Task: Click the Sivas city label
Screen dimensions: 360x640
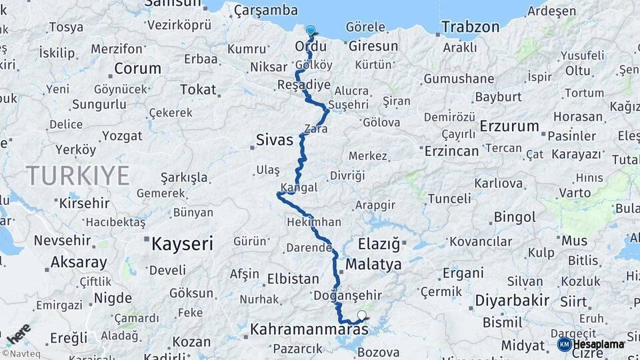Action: click(x=274, y=140)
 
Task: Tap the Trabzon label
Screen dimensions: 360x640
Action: click(x=469, y=27)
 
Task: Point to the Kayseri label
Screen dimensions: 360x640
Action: click(x=181, y=243)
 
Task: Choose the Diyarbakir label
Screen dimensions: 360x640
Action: click(x=511, y=301)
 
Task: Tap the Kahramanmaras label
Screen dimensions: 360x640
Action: click(x=309, y=329)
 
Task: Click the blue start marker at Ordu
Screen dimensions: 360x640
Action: click(x=310, y=30)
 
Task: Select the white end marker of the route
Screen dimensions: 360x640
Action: click(x=362, y=315)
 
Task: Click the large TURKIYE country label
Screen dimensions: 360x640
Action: click(x=77, y=176)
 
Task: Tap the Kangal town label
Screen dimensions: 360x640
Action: click(x=299, y=188)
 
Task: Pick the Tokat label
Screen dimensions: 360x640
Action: click(x=198, y=89)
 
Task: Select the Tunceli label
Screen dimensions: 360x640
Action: click(x=449, y=199)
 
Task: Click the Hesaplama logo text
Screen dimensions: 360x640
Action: click(x=598, y=344)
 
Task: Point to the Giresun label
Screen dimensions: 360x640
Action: click(x=373, y=47)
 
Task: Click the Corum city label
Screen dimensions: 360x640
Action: click(x=137, y=68)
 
